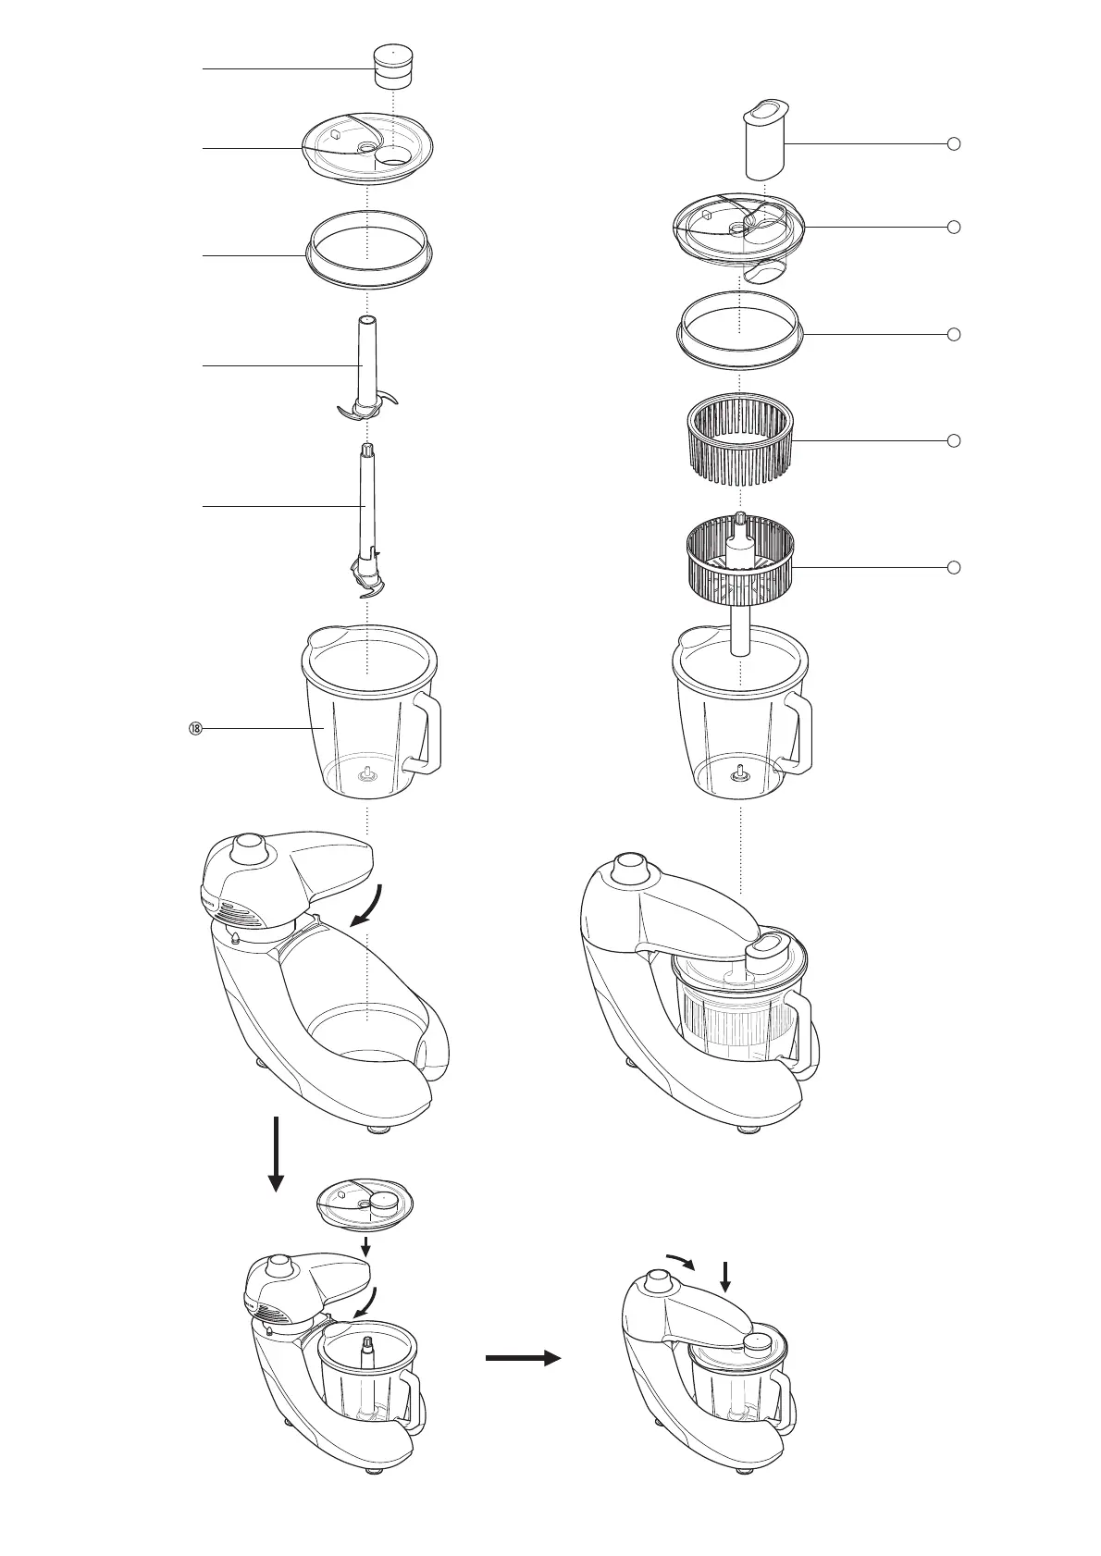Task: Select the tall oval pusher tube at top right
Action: coord(764,140)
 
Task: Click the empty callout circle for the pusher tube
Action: coord(955,143)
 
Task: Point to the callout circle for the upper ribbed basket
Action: coord(955,441)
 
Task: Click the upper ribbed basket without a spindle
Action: coord(739,441)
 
